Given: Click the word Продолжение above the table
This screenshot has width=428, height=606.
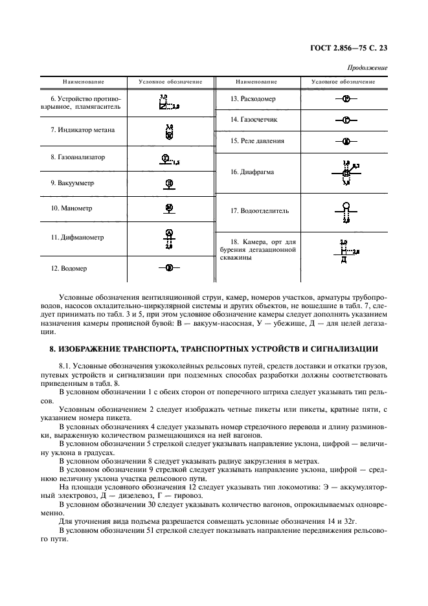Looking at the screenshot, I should tap(367, 67).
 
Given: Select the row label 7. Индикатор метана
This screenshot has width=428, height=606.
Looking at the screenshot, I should tap(83, 129).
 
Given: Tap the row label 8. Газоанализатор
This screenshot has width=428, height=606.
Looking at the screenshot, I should tap(78, 157).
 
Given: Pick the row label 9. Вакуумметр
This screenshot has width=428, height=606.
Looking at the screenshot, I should tap(73, 183).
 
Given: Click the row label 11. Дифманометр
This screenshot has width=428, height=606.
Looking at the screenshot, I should tap(77, 237).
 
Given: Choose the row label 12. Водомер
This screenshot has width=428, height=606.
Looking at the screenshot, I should tap(69, 267).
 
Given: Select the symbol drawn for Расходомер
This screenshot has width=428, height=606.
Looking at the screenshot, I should tap(346, 99).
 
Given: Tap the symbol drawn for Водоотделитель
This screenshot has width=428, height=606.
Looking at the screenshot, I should tap(346, 212).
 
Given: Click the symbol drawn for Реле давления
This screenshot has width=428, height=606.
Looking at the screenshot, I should tap(346, 140).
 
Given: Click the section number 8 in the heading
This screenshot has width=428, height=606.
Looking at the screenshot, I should tap(53, 349).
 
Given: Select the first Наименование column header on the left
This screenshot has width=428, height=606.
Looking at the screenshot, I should tap(84, 82).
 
